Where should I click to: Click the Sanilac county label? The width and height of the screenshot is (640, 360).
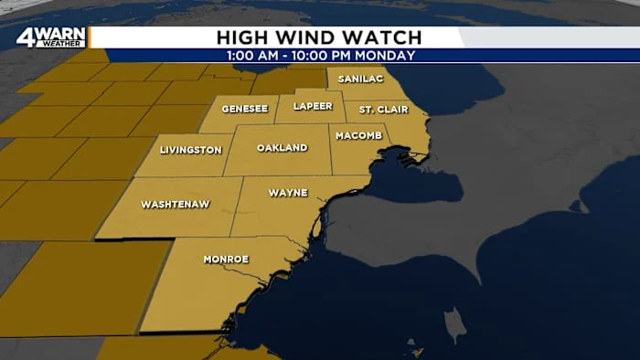pos(360,79)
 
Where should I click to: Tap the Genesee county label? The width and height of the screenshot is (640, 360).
pos(244,109)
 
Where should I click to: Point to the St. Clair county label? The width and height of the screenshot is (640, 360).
pos(378,111)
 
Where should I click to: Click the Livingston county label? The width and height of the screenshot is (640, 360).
pos(190,149)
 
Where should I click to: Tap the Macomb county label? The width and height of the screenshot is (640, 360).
pos(353,136)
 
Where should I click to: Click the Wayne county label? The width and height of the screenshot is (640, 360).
pos(287,193)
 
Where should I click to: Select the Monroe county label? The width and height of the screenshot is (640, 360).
pos(225,259)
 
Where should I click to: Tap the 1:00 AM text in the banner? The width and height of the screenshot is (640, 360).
pos(252,56)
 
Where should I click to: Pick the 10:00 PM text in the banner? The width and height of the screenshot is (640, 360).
pos(321,56)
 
